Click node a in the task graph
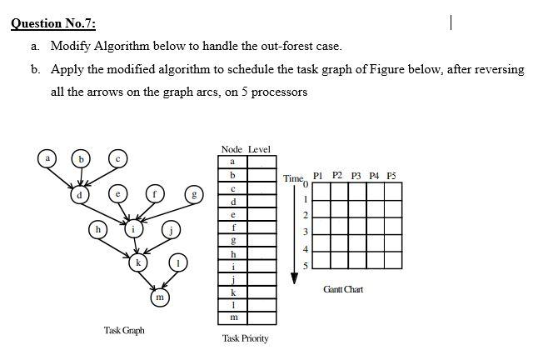point(49,157)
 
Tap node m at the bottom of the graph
point(159,296)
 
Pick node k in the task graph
point(138,263)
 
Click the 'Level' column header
point(259,149)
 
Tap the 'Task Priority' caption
point(245,339)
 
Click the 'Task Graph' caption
point(124,331)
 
